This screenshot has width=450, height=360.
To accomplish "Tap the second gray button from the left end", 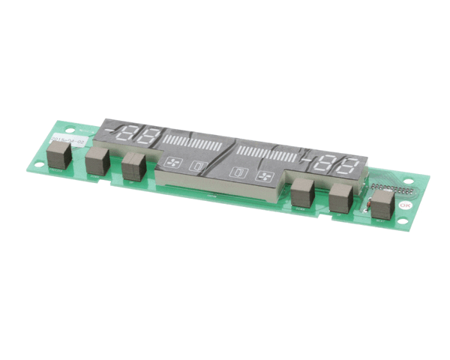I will click(x=97, y=162).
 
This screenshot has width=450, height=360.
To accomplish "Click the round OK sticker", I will click(x=405, y=204).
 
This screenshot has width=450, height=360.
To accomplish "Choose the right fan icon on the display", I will click(x=263, y=177).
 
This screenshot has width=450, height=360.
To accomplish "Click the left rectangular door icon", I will click(x=198, y=166).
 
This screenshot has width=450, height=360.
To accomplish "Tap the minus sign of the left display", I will click(x=112, y=131).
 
